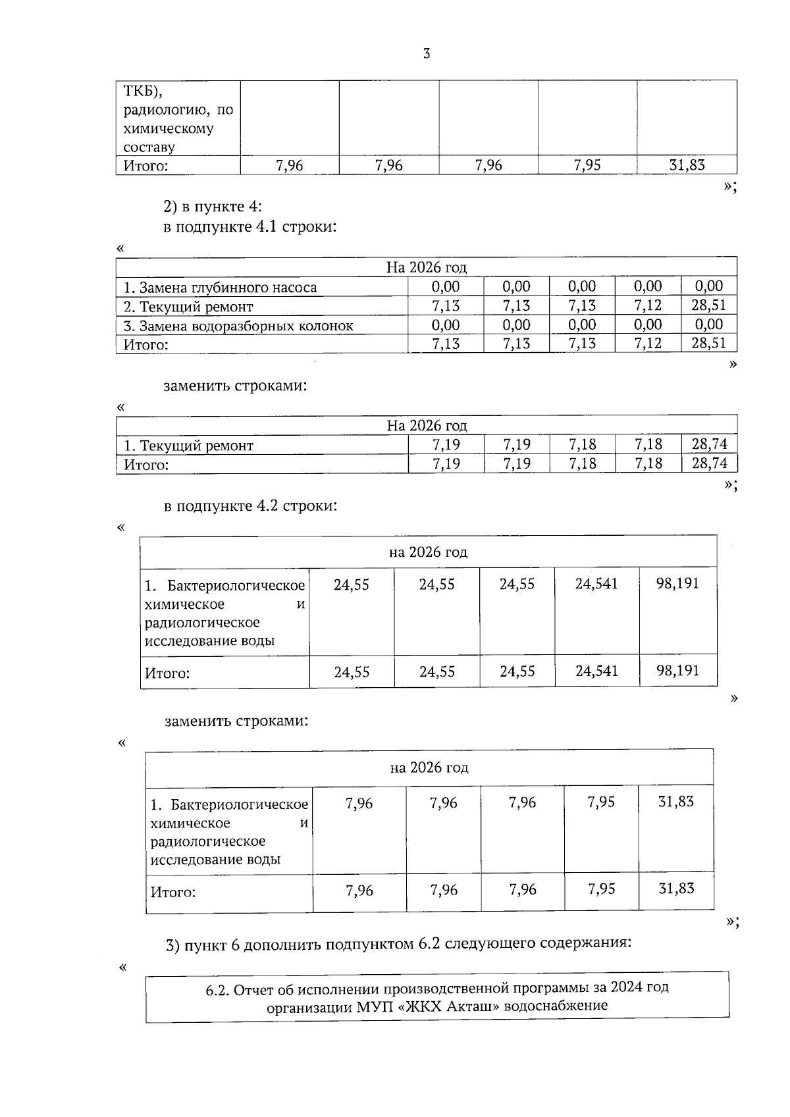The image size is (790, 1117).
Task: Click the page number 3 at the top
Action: click(x=426, y=54)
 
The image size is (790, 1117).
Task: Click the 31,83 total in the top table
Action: click(x=687, y=165)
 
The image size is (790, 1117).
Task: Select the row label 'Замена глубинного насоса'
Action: click(x=221, y=288)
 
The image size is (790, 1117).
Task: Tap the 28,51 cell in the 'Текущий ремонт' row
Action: click(x=708, y=305)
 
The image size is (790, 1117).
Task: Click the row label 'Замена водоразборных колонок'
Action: click(x=238, y=326)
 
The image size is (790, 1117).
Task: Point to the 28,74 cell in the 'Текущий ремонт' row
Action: click(x=709, y=444)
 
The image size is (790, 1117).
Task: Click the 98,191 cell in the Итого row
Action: click(x=677, y=671)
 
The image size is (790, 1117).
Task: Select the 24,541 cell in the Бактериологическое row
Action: click(x=596, y=584)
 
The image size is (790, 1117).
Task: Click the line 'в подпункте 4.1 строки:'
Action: click(x=250, y=227)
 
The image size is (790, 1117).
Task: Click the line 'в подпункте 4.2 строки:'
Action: click(x=250, y=506)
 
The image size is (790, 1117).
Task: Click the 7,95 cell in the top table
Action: click(x=587, y=165)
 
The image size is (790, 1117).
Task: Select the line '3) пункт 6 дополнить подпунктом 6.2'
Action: click(x=398, y=945)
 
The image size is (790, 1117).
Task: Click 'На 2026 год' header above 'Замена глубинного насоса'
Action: click(x=426, y=267)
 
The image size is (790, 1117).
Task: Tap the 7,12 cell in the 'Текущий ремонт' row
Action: click(x=648, y=305)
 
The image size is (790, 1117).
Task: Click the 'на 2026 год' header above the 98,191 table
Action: click(x=428, y=552)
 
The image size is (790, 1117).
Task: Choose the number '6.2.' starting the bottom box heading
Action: click(x=218, y=989)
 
